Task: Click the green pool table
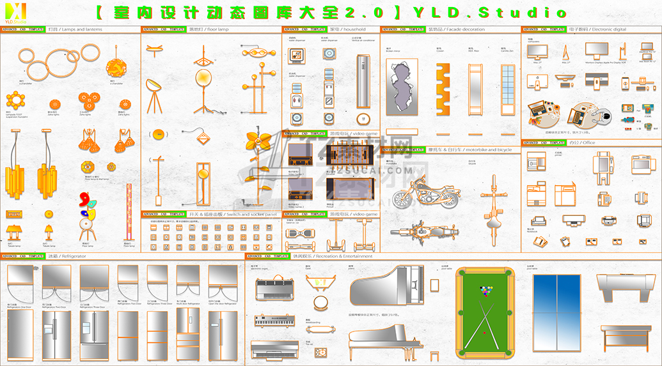(x=485, y=314)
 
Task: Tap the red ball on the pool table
(x=484, y=333)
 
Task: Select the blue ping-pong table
(x=556, y=313)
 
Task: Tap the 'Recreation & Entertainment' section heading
(x=333, y=255)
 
